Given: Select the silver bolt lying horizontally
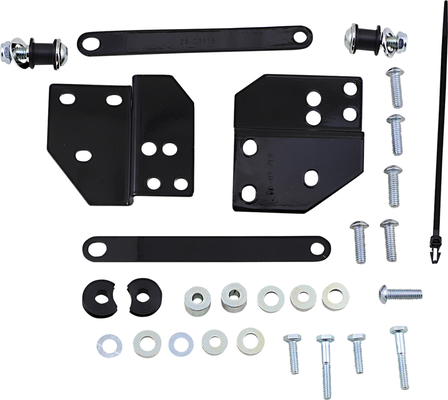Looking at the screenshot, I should [400, 292].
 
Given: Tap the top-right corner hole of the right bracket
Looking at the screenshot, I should [349, 88].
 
